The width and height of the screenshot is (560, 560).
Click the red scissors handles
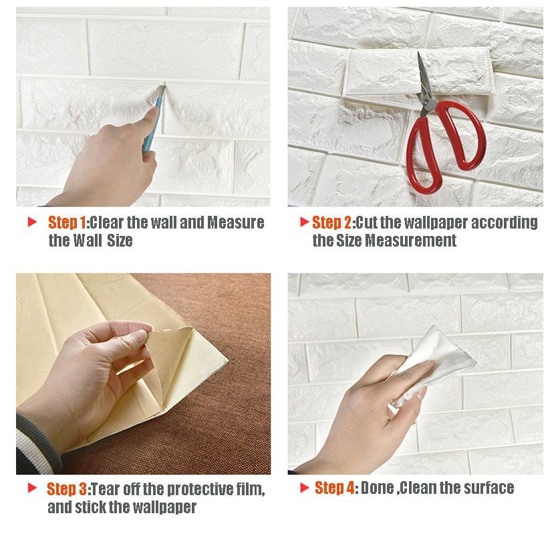click(x=444, y=144)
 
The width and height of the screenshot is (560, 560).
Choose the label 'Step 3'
click(x=67, y=489)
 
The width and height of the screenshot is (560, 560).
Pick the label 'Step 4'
click(x=335, y=488)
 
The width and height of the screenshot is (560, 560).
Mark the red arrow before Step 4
click(x=305, y=487)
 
